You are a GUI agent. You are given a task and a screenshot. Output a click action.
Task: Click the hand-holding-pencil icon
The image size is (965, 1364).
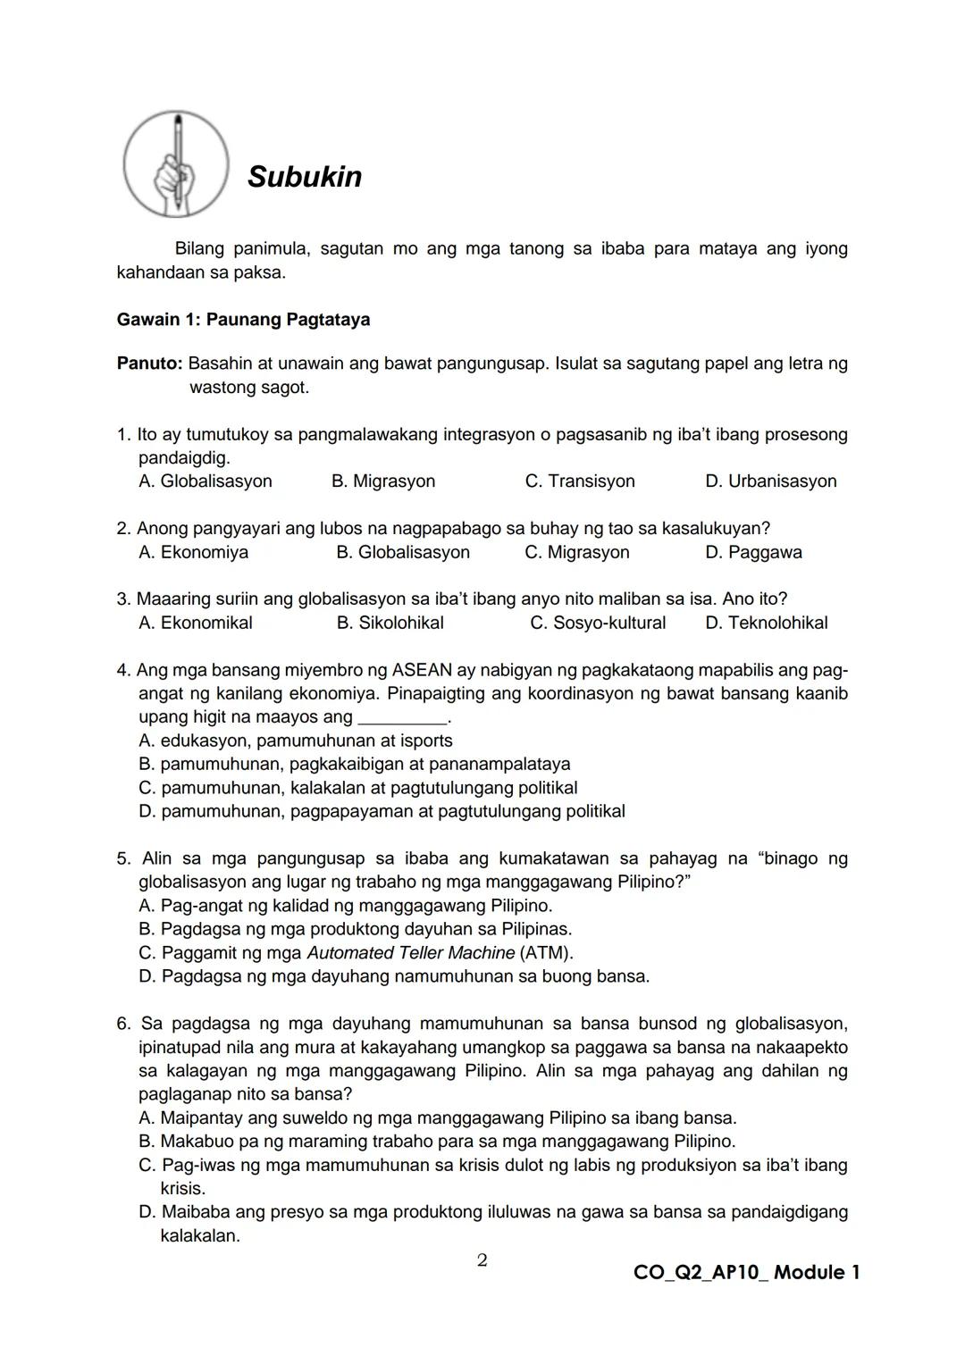pyautogui.click(x=176, y=164)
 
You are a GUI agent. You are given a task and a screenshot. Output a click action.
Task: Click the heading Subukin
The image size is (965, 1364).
pyautogui.click(x=305, y=177)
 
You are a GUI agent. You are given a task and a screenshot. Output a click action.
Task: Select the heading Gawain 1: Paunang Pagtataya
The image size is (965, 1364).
pyautogui.click(x=243, y=320)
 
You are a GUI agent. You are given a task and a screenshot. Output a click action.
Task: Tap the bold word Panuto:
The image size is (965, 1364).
pyautogui.click(x=149, y=364)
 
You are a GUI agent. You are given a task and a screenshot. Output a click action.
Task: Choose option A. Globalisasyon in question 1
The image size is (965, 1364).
pyautogui.click(x=206, y=481)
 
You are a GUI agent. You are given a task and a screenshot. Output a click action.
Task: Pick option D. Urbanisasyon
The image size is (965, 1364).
pyautogui.click(x=770, y=481)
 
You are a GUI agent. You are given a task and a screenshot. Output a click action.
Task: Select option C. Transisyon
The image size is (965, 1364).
pyautogui.click(x=580, y=481)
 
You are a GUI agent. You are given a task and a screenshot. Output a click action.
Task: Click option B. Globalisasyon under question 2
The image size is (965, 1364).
pyautogui.click(x=402, y=553)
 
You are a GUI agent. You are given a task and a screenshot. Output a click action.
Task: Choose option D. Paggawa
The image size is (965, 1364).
pyautogui.click(x=753, y=553)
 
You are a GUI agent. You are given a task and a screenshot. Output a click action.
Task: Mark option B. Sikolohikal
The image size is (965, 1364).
pyautogui.click(x=390, y=623)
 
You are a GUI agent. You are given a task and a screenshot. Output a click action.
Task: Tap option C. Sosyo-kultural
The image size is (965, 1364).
pyautogui.click(x=597, y=623)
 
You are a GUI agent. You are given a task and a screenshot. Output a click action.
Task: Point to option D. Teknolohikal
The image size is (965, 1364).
pyautogui.click(x=766, y=623)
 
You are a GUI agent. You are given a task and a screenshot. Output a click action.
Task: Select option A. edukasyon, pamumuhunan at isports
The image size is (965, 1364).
pyautogui.click(x=296, y=741)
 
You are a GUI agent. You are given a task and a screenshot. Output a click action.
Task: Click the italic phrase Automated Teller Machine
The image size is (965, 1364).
pyautogui.click(x=410, y=953)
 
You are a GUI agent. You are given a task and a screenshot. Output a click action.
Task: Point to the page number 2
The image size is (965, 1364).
pyautogui.click(x=482, y=1260)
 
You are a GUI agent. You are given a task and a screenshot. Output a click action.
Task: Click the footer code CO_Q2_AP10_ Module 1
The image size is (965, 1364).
pyautogui.click(x=746, y=1273)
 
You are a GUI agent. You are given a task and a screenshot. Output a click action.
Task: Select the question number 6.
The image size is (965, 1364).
pyautogui.click(x=124, y=1024)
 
